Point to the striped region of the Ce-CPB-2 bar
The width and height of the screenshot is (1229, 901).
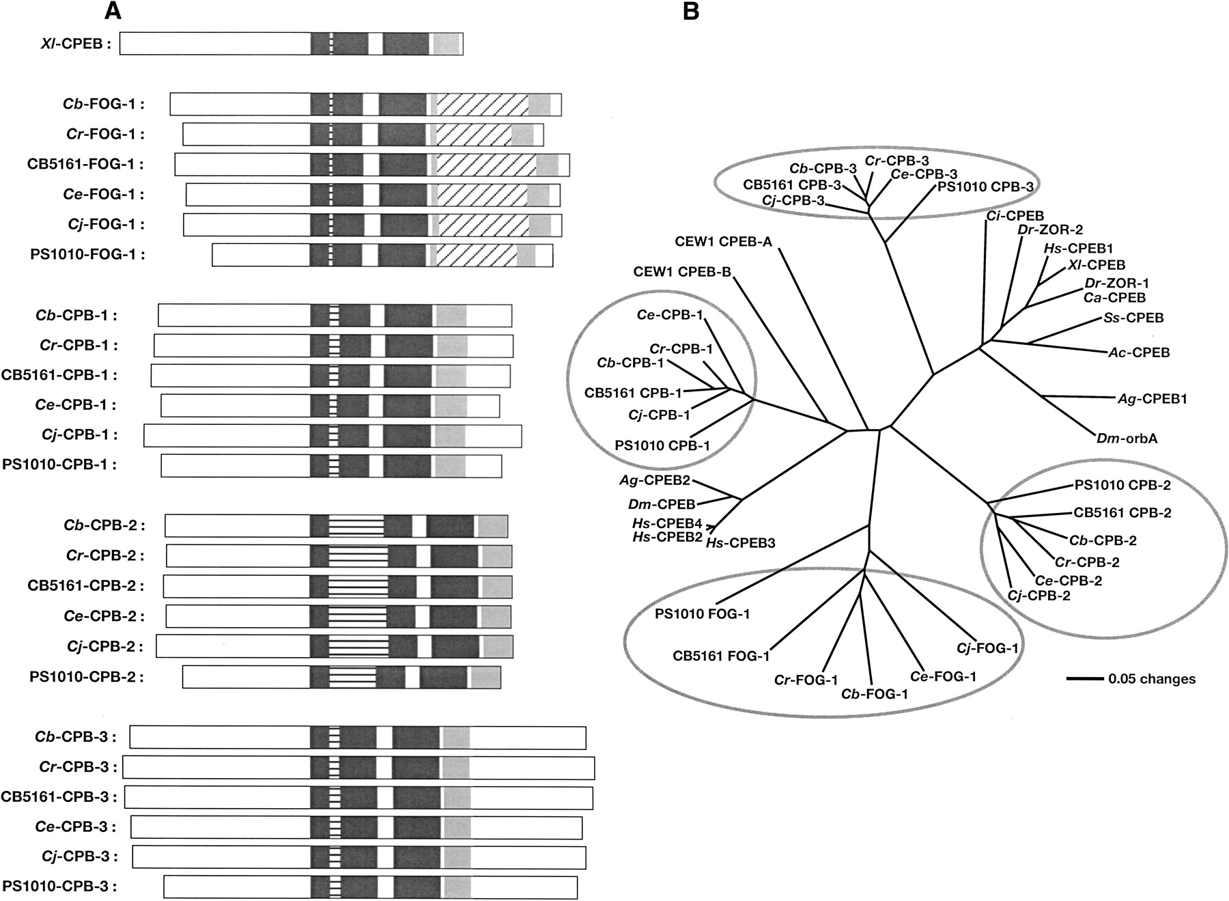(x=358, y=616)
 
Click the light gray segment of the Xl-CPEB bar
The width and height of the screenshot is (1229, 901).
(x=447, y=44)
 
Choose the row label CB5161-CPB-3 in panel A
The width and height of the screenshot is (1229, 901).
(x=59, y=796)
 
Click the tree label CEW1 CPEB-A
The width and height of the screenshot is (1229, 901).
(x=722, y=242)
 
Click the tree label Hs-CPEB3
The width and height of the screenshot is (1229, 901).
(x=740, y=543)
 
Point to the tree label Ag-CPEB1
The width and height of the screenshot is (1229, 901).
(x=1152, y=399)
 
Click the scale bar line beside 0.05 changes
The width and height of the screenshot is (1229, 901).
(x=1085, y=679)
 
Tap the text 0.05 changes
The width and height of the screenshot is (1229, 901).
(x=1152, y=679)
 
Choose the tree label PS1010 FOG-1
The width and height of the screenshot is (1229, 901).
(x=703, y=614)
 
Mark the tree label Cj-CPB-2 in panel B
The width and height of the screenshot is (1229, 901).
(x=1039, y=596)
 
